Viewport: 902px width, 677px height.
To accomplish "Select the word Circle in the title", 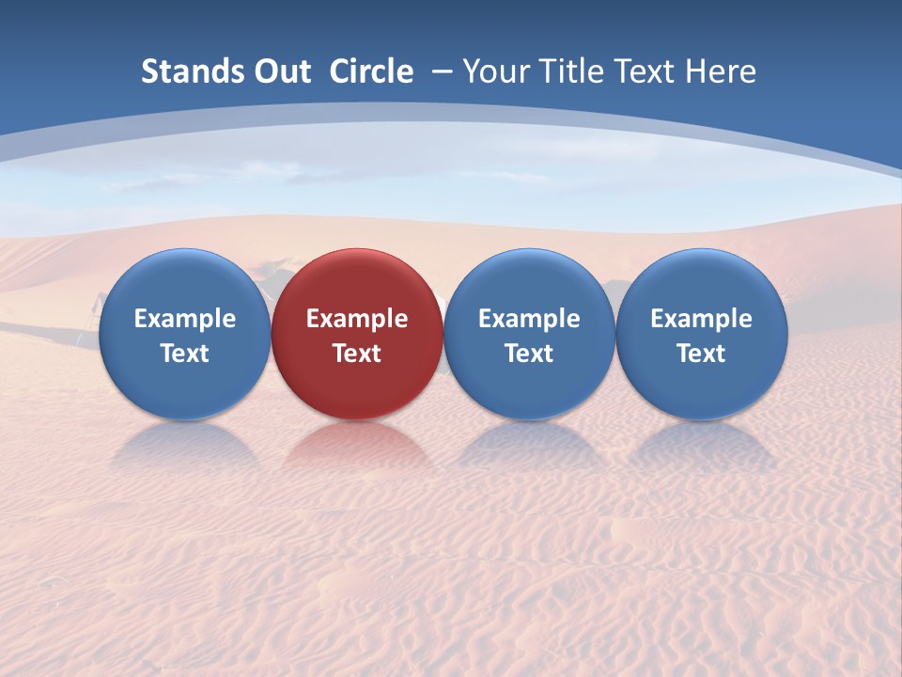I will (x=371, y=71).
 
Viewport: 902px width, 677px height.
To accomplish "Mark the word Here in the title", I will (x=721, y=71).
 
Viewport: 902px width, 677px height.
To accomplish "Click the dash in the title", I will (x=442, y=71).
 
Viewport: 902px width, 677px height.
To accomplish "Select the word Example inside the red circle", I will (x=357, y=319).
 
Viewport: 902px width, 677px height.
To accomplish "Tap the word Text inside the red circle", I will (x=357, y=354).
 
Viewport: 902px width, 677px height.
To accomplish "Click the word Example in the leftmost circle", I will (x=184, y=319).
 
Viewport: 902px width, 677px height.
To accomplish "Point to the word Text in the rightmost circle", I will (x=701, y=354).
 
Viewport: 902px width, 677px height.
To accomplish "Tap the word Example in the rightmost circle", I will (x=701, y=319).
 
